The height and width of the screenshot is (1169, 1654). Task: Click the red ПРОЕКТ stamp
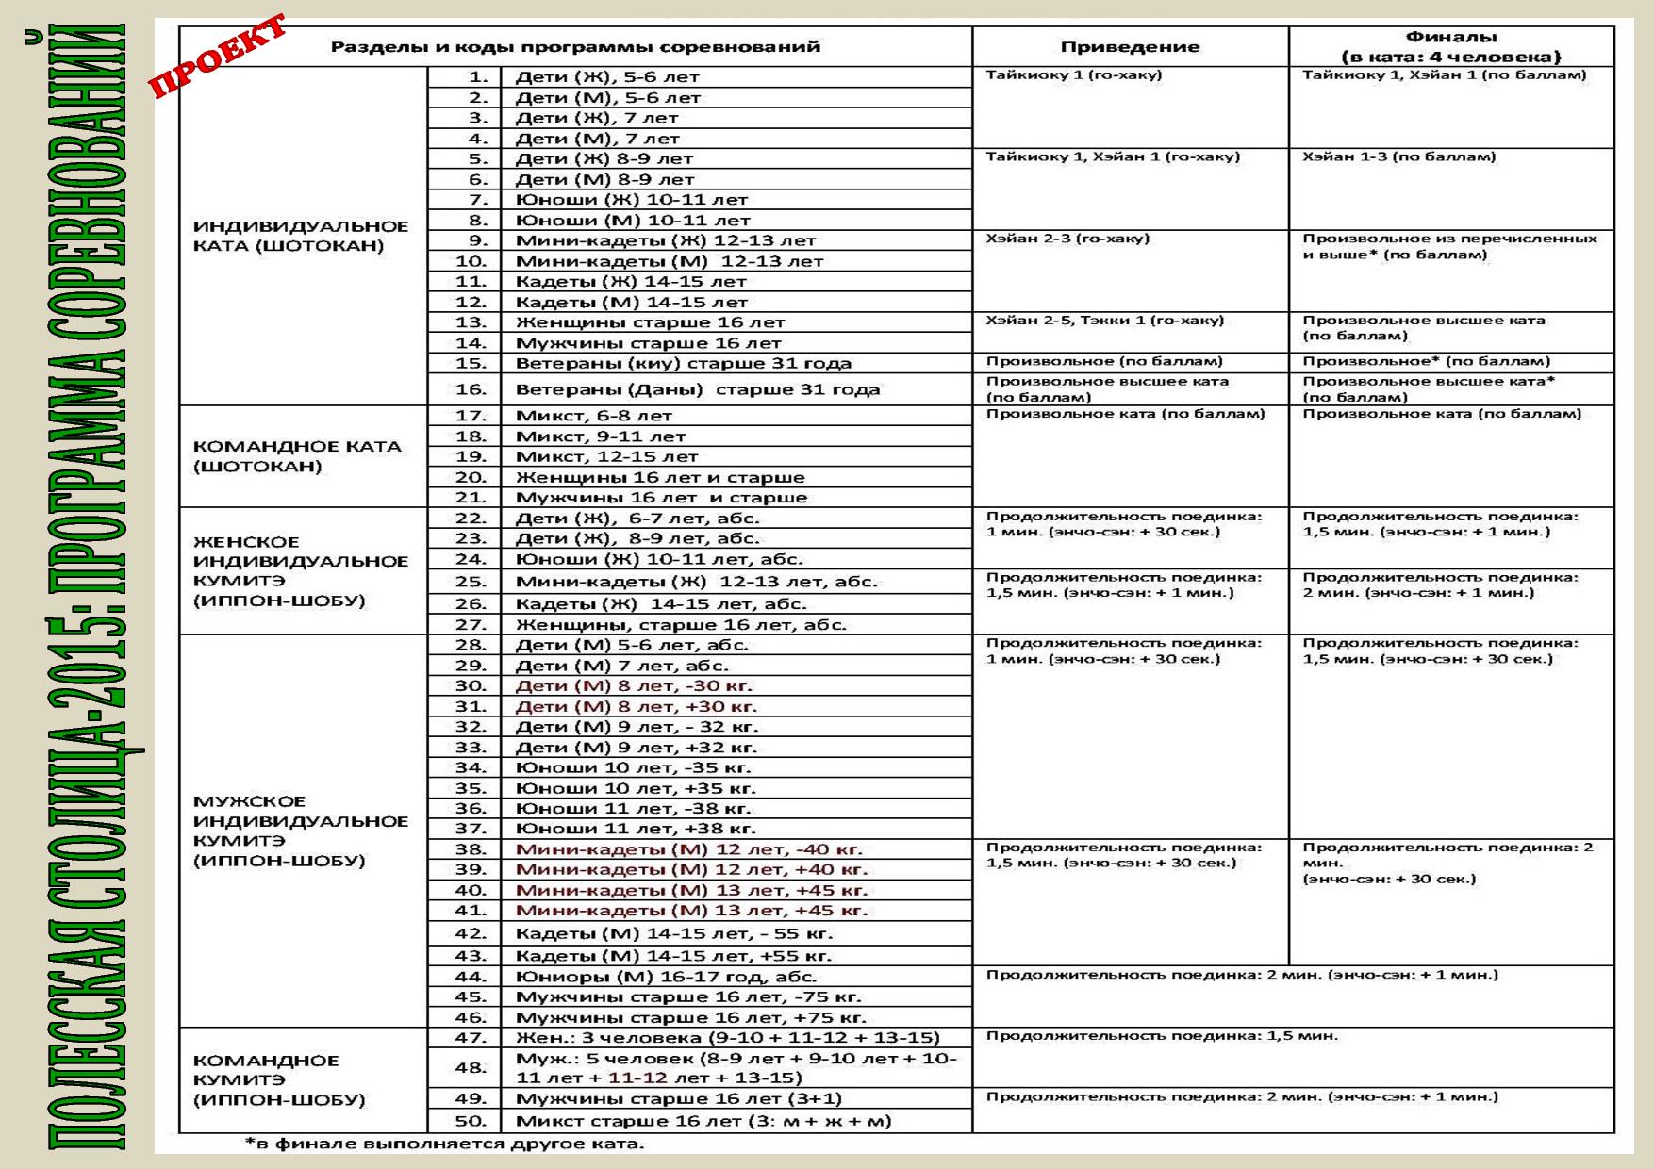(x=219, y=57)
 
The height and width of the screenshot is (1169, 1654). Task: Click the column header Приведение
(x=1129, y=47)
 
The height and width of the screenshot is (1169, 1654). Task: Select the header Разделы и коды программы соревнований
(x=574, y=47)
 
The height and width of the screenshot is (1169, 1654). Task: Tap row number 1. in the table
(x=479, y=77)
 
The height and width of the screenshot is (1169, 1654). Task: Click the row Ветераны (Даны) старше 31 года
(x=697, y=389)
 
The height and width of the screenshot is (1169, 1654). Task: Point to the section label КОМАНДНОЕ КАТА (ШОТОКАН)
(x=297, y=456)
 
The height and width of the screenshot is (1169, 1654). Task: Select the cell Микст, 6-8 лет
(x=593, y=416)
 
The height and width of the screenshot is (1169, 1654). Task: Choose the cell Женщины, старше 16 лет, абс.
(x=680, y=624)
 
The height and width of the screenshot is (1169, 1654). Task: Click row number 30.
(x=471, y=686)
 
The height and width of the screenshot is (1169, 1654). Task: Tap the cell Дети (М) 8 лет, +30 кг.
(x=636, y=707)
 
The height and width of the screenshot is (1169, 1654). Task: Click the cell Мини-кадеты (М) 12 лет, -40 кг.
(x=688, y=849)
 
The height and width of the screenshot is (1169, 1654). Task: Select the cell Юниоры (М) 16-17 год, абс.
(x=665, y=977)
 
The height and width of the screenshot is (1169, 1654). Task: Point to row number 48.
(x=471, y=1068)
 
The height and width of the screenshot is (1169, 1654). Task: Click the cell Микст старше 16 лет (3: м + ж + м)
(x=703, y=1121)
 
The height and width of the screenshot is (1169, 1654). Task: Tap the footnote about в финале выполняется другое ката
(x=444, y=1144)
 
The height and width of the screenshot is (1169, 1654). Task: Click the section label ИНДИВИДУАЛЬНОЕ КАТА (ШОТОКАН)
(x=300, y=236)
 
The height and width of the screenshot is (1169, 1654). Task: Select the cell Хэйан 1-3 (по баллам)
(x=1398, y=156)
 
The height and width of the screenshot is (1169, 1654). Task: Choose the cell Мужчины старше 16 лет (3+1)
(x=678, y=1098)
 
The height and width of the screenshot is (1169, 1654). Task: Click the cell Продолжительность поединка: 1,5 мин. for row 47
(x=1161, y=1036)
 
